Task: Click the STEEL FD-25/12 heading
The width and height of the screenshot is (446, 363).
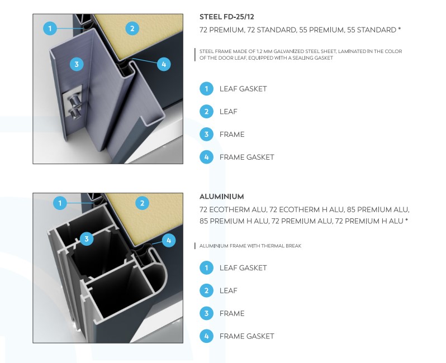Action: (227, 17)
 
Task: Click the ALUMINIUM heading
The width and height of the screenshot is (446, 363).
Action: (221, 197)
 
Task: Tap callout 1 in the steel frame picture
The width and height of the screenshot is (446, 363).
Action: (50, 28)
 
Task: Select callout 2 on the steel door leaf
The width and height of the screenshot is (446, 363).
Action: (132, 28)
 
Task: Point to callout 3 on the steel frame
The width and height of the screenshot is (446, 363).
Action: (77, 64)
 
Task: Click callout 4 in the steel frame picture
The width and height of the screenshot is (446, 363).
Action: (164, 64)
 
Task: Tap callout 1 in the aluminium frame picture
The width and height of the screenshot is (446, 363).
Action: (60, 203)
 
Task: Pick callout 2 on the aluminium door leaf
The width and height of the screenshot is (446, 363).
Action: (142, 203)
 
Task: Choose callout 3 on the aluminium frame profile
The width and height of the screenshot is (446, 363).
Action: (87, 239)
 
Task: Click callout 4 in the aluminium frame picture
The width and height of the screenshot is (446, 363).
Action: (169, 241)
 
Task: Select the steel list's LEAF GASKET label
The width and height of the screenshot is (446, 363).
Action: (243, 89)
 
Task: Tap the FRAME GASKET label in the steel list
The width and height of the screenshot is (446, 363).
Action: (246, 157)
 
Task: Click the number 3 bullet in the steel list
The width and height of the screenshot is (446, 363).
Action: (206, 135)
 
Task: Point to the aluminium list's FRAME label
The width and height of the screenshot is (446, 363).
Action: (232, 313)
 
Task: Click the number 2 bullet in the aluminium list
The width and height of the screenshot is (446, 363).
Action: (206, 291)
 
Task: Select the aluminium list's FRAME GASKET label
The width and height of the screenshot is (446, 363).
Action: (246, 336)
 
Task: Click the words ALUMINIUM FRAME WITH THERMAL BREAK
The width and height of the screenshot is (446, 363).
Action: (250, 246)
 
